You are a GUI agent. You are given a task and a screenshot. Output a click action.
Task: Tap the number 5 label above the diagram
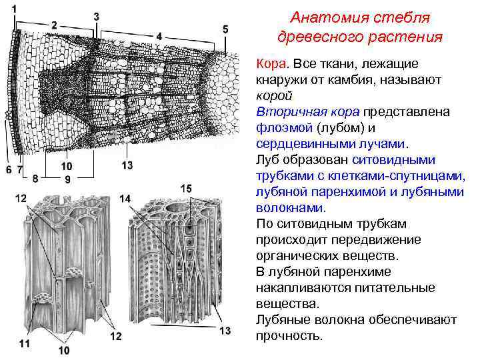click(225, 29)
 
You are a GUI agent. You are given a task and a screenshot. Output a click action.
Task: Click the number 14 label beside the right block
click(125, 199)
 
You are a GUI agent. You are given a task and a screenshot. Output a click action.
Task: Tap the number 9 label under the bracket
click(67, 179)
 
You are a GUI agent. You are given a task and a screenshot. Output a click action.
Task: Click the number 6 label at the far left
click(9, 170)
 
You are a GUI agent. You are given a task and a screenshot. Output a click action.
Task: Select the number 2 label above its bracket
click(54, 25)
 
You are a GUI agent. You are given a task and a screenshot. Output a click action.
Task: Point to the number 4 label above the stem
click(159, 35)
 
